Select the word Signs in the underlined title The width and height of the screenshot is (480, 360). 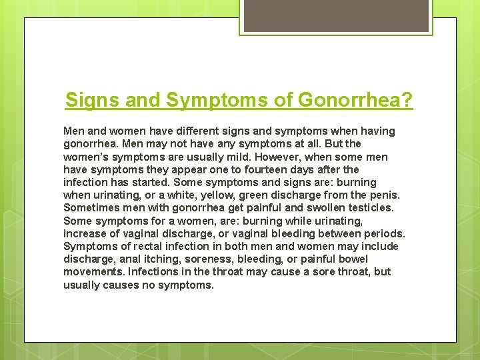(90, 101)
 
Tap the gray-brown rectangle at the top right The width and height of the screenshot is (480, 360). (335, 15)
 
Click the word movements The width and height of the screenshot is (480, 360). (93, 271)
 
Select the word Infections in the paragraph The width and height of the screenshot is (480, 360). (153, 271)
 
